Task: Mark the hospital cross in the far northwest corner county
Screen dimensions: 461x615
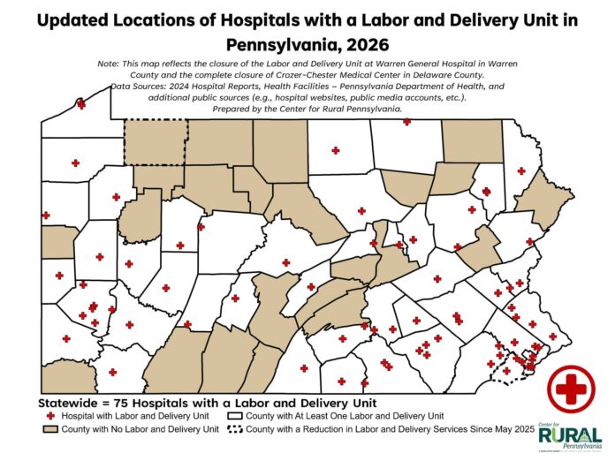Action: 81,104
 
